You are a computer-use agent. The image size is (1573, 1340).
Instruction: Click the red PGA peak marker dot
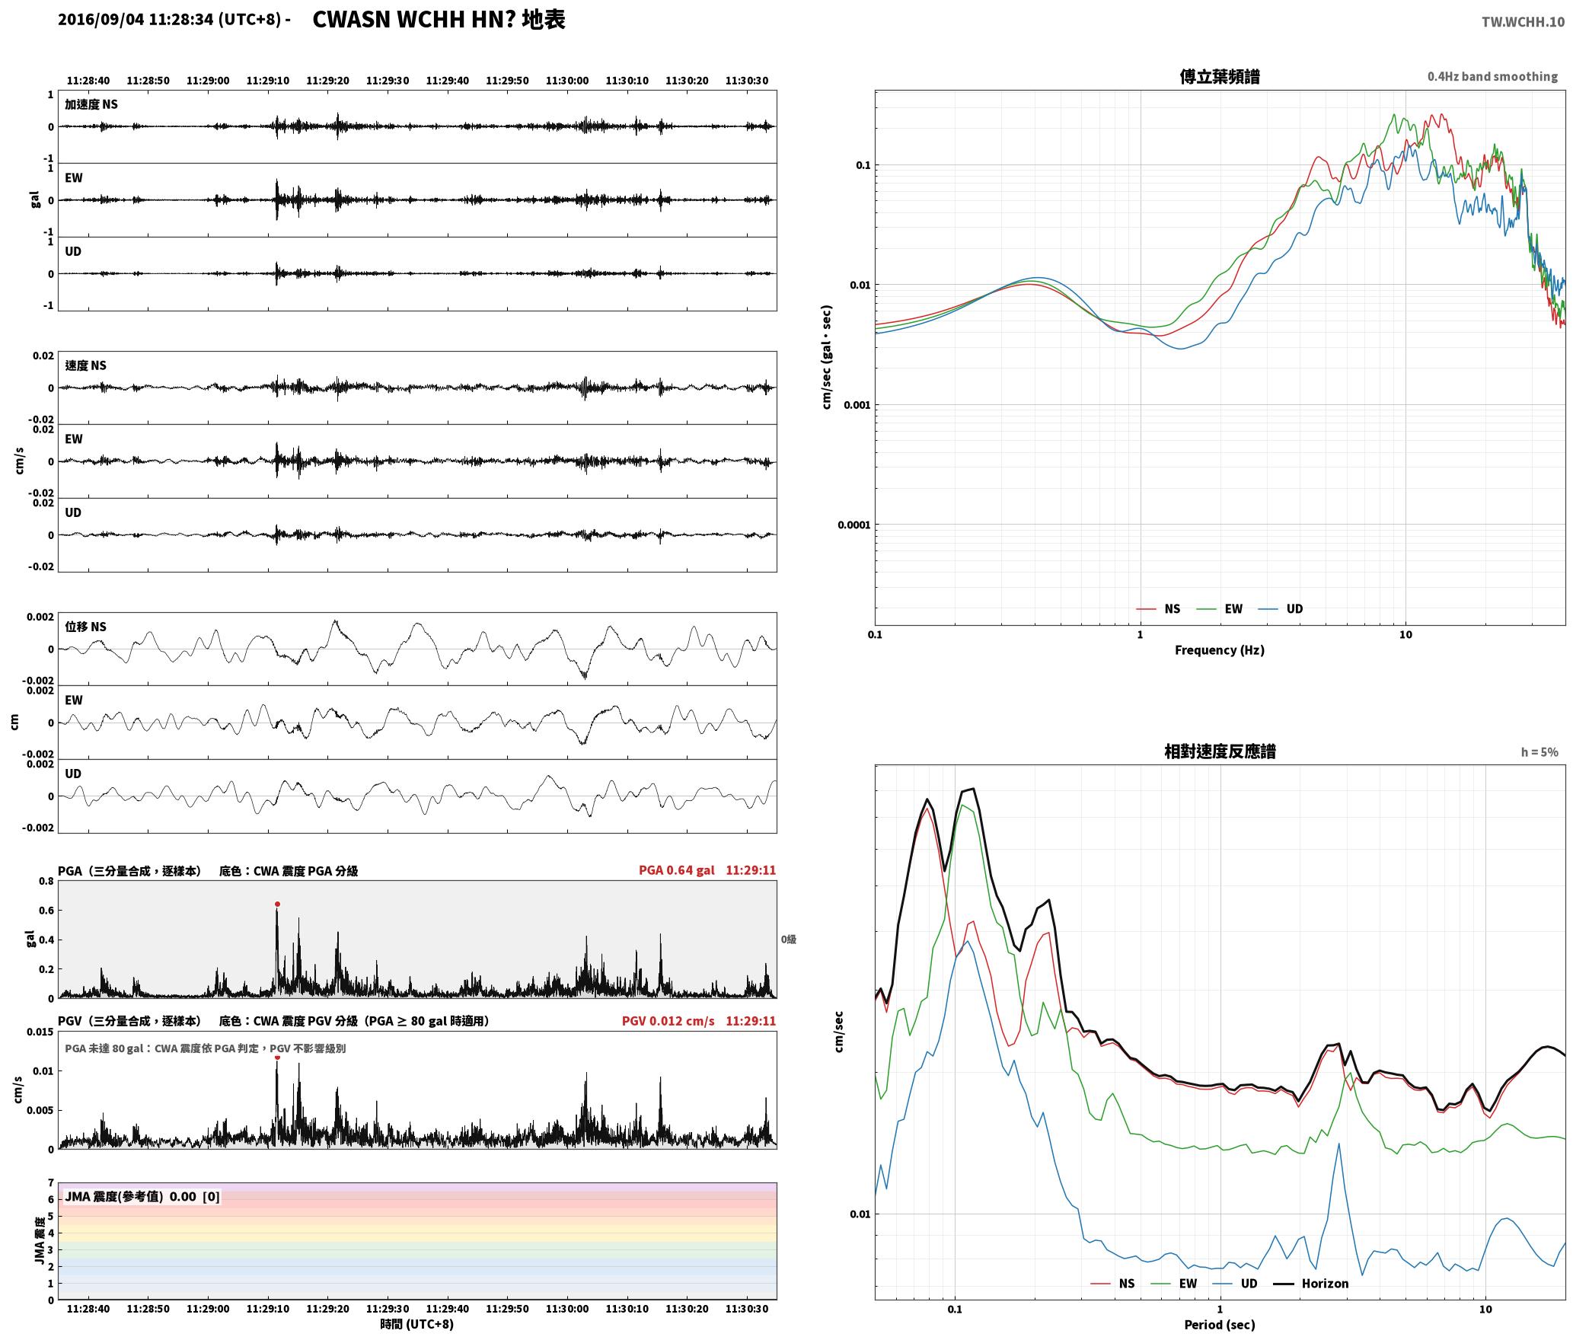[277, 904]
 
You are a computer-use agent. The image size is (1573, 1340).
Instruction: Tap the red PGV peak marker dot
[277, 1058]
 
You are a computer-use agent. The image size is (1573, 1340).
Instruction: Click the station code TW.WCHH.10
[1523, 22]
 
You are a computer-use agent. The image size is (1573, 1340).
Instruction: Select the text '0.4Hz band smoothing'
[1492, 77]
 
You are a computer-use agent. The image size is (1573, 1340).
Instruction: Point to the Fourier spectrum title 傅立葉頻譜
[1219, 77]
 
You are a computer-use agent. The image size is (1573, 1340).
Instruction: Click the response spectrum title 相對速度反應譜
[1220, 751]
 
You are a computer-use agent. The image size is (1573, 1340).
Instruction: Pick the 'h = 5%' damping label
[1539, 752]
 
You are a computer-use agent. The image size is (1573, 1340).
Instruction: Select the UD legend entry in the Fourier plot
[1281, 609]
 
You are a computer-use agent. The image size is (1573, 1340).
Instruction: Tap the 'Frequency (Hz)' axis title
[1219, 650]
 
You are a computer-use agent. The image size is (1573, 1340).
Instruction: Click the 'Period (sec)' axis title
[1219, 1325]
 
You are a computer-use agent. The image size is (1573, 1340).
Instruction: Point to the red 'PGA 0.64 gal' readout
[676, 870]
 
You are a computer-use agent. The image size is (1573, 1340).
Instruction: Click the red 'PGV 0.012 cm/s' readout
[668, 1021]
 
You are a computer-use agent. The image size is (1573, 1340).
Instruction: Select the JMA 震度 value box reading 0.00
[142, 1197]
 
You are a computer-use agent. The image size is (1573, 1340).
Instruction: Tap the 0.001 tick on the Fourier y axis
[856, 405]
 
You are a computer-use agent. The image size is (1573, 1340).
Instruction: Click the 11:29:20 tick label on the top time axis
[327, 81]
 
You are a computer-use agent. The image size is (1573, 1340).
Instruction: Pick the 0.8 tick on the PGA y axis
[46, 882]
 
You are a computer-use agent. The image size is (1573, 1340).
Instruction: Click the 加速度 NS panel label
[91, 104]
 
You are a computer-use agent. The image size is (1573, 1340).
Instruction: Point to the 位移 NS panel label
[85, 627]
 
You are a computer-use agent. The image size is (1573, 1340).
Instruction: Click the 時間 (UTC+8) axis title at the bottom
[416, 1324]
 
